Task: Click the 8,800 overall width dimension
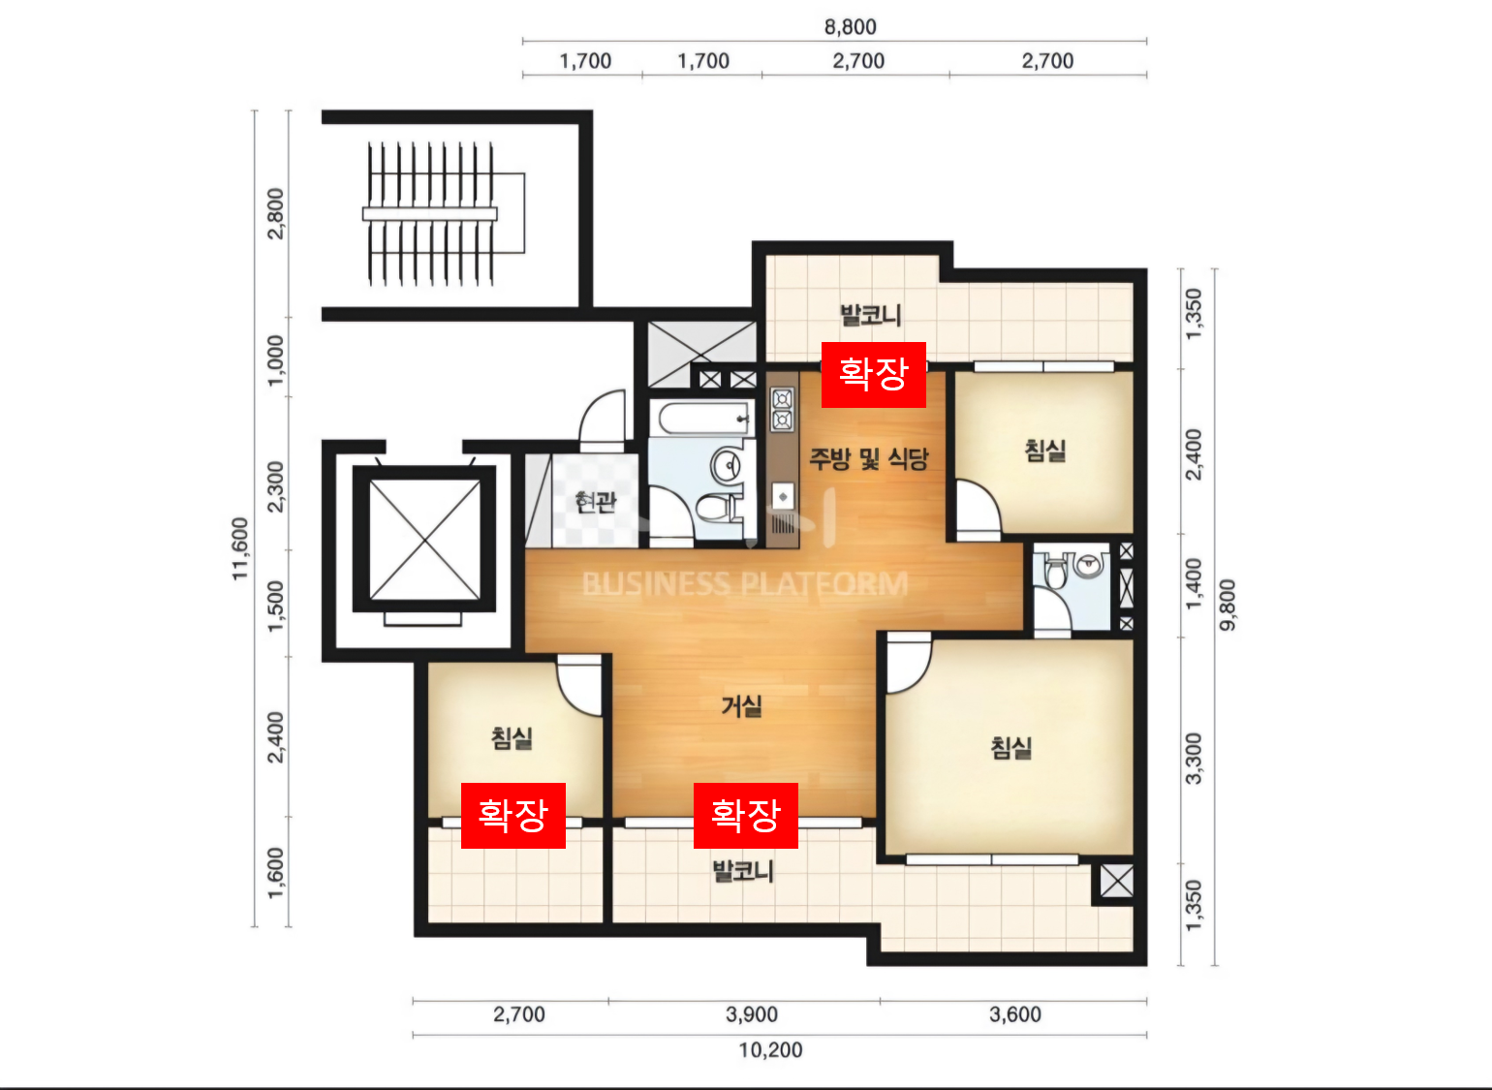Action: (x=850, y=27)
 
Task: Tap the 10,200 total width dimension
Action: (x=770, y=1050)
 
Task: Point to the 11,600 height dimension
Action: (x=240, y=549)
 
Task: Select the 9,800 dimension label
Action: (x=1227, y=605)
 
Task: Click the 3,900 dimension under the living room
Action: (x=752, y=1014)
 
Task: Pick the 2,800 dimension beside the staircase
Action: (x=275, y=213)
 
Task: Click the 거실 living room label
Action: (x=741, y=705)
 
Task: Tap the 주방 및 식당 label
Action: (x=868, y=458)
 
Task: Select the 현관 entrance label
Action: (x=596, y=502)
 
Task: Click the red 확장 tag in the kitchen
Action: (x=873, y=374)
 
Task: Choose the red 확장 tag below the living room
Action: (x=745, y=816)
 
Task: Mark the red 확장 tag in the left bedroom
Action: (x=513, y=816)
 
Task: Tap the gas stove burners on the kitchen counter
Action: (x=782, y=410)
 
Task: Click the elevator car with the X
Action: (x=424, y=539)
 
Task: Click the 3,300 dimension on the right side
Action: (x=1194, y=759)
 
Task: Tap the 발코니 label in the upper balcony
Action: (x=871, y=315)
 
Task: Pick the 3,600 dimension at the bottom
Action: (x=1015, y=1014)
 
